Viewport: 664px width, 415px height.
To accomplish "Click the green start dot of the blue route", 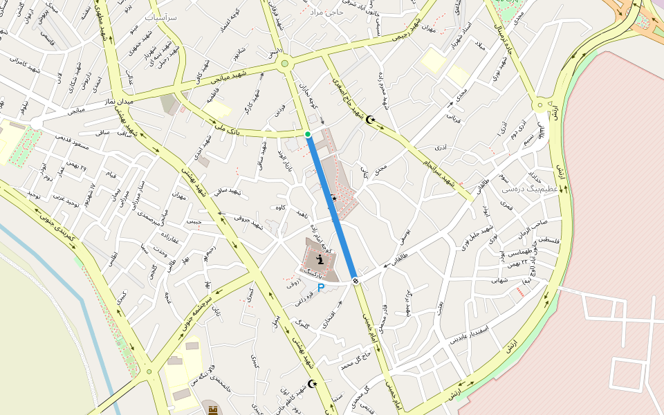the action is (308, 133).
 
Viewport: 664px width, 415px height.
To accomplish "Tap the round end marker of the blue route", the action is (355, 280).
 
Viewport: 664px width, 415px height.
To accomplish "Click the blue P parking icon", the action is (321, 287).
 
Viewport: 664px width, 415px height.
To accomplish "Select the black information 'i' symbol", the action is (320, 259).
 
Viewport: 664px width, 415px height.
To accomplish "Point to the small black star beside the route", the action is (333, 199).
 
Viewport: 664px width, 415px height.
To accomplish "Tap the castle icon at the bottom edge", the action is (212, 410).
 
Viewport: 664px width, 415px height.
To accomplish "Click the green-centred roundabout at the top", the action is (284, 65).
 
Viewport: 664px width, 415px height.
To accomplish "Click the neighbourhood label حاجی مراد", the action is (326, 12).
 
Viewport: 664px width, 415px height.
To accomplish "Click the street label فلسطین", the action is (543, 240).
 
